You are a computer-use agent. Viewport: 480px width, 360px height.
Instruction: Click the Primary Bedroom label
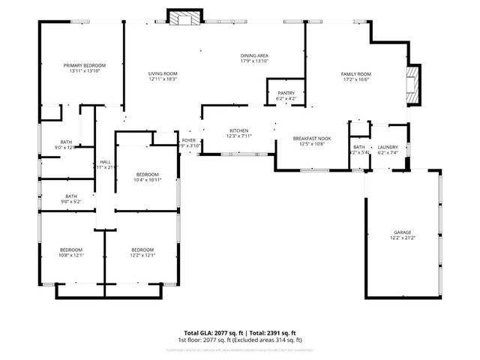[85, 66]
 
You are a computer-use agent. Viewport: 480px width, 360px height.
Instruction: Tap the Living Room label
[162, 73]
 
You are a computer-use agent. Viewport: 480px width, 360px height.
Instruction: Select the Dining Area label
[254, 56]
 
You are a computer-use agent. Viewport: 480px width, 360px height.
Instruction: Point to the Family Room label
[356, 73]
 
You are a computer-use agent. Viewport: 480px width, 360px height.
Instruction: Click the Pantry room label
[286, 94]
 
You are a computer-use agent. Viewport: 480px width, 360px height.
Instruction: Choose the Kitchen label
[238, 131]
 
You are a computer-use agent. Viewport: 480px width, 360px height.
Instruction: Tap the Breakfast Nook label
[312, 139]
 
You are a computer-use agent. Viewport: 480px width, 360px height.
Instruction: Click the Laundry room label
[387, 147]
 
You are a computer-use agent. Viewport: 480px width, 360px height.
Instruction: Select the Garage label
[403, 232]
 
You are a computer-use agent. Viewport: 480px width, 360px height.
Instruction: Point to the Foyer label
[189, 141]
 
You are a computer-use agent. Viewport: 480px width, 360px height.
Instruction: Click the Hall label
[106, 162]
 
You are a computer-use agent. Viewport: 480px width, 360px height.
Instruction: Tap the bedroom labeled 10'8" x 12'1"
[71, 250]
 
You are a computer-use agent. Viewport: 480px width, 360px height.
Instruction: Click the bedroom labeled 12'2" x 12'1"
[142, 250]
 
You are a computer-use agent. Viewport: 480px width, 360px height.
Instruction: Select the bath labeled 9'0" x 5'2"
[71, 196]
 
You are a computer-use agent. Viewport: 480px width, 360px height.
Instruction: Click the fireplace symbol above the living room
[184, 18]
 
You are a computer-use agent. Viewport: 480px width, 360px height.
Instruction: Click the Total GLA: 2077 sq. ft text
[210, 333]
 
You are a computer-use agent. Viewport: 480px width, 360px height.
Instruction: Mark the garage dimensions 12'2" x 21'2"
[403, 238]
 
